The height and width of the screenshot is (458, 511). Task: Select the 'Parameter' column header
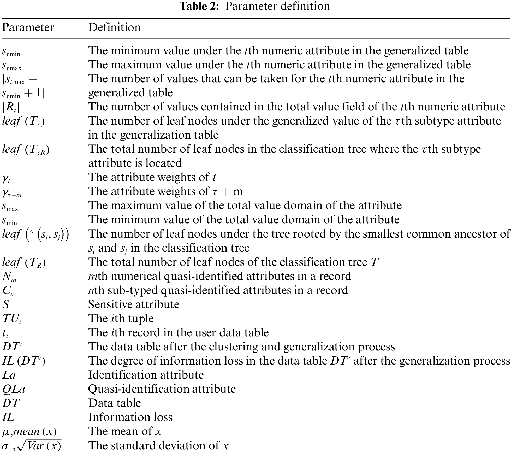(x=28, y=27)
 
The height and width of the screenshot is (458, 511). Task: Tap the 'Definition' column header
(x=114, y=27)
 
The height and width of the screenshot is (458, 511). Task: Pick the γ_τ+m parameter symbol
(x=12, y=192)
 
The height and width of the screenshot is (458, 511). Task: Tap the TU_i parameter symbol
(x=12, y=319)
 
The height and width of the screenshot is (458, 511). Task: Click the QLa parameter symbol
(x=14, y=389)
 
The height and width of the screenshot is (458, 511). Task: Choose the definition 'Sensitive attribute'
(x=134, y=304)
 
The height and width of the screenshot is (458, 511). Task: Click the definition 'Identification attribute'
(x=146, y=375)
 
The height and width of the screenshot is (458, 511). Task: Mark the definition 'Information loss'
(x=130, y=417)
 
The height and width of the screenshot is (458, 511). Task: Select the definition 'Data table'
(x=114, y=403)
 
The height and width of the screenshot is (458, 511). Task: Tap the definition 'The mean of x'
(x=125, y=431)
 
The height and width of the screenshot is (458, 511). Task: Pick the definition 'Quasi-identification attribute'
(x=162, y=389)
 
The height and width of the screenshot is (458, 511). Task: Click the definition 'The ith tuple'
(x=121, y=319)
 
